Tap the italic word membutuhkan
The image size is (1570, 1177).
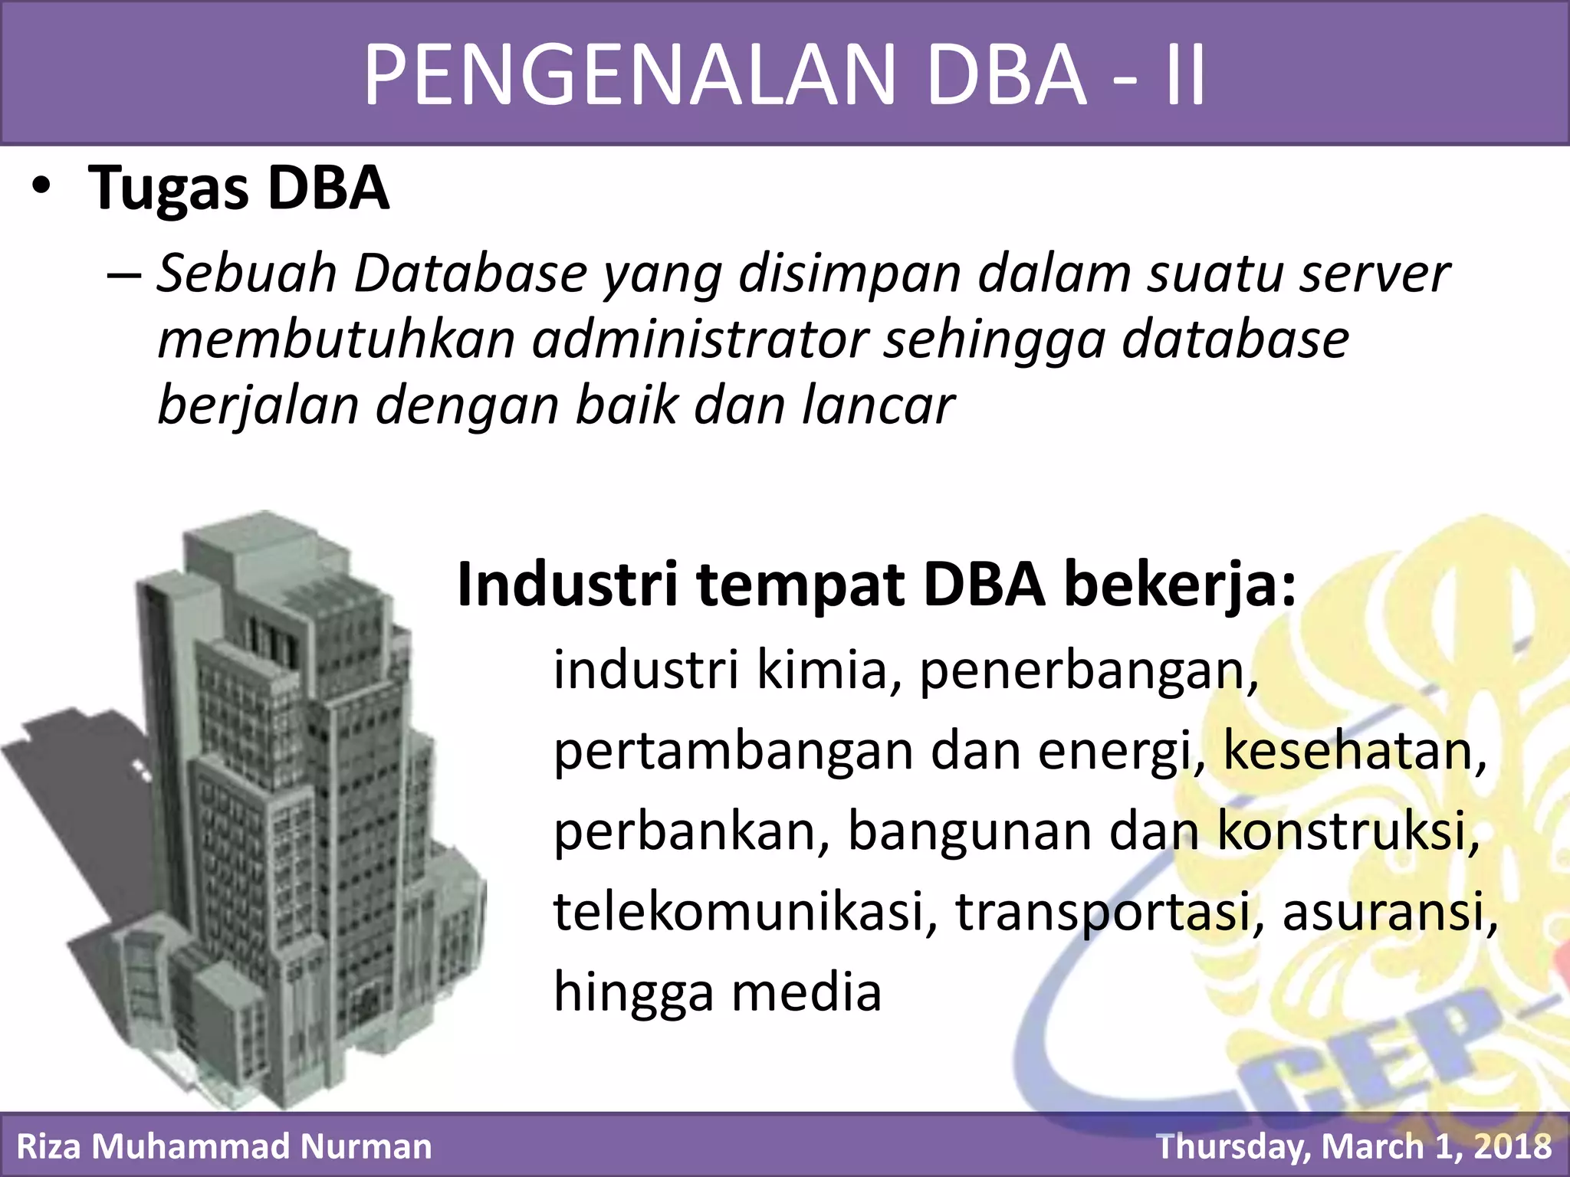[336, 339]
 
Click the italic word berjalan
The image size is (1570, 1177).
[258, 407]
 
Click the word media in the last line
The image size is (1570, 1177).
[806, 992]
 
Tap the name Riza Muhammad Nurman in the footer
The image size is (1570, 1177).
[224, 1147]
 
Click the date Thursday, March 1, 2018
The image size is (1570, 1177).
[1354, 1147]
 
